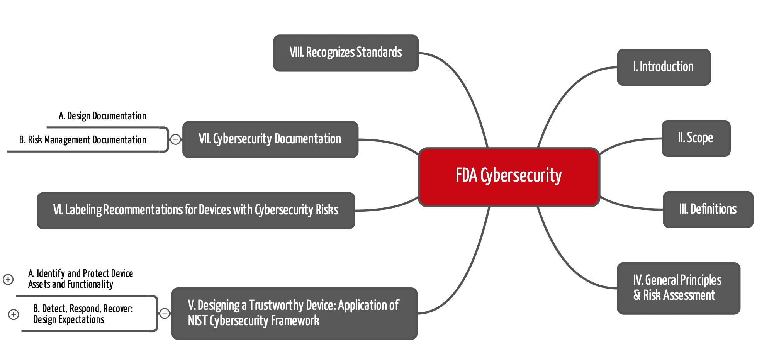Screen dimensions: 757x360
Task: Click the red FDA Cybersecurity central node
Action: click(x=509, y=177)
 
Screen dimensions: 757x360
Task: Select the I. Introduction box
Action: click(x=664, y=67)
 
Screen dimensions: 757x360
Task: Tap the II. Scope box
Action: click(x=696, y=138)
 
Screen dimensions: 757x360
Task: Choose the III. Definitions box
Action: click(x=708, y=209)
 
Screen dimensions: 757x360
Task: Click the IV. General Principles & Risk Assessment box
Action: click(x=678, y=288)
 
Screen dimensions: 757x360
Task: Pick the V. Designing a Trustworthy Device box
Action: click(x=294, y=313)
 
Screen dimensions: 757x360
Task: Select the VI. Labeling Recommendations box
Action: click(x=196, y=211)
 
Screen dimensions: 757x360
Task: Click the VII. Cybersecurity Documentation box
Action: click(x=270, y=139)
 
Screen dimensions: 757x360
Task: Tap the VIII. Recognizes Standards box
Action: click(x=346, y=53)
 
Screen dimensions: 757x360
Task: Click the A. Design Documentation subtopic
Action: click(x=102, y=116)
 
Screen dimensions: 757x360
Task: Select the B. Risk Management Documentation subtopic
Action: click(x=83, y=140)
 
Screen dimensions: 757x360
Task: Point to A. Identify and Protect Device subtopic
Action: click(x=80, y=279)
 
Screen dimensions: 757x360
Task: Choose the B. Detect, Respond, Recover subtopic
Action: click(x=83, y=314)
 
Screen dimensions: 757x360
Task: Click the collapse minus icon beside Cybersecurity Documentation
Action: click(x=175, y=139)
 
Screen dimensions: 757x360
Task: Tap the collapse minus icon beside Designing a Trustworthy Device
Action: click(x=165, y=313)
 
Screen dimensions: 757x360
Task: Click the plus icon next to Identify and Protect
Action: click(x=8, y=279)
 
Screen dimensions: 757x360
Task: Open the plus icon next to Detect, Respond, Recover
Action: click(x=14, y=314)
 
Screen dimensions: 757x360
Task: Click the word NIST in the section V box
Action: click(x=197, y=321)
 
